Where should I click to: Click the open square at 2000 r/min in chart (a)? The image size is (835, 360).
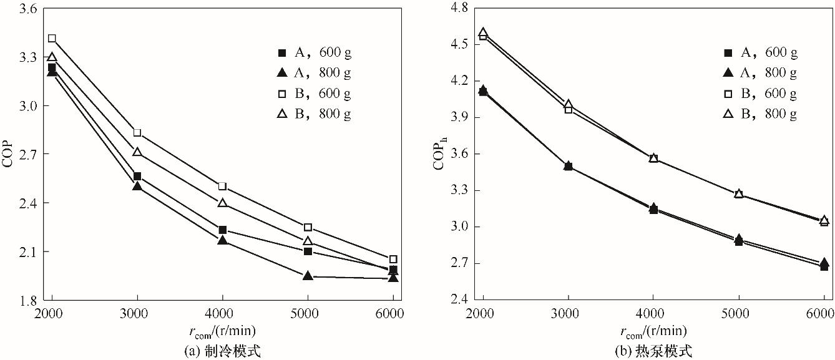pos(52,39)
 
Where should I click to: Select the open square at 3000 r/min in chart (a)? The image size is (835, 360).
pos(137,133)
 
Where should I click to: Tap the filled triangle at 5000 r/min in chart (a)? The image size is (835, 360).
pos(308,275)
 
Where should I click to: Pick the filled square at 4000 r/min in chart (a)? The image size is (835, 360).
pos(222,230)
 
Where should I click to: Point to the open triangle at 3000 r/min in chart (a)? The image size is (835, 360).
pos(137,152)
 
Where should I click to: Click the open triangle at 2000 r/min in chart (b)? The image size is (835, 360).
pos(482,32)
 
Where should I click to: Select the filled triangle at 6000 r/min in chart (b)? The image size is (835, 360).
pos(824,263)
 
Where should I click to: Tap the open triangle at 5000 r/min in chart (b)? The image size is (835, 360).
pos(739,193)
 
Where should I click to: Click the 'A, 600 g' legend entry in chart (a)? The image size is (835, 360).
pos(315,52)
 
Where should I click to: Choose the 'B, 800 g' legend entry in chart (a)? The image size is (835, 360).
pos(315,115)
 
